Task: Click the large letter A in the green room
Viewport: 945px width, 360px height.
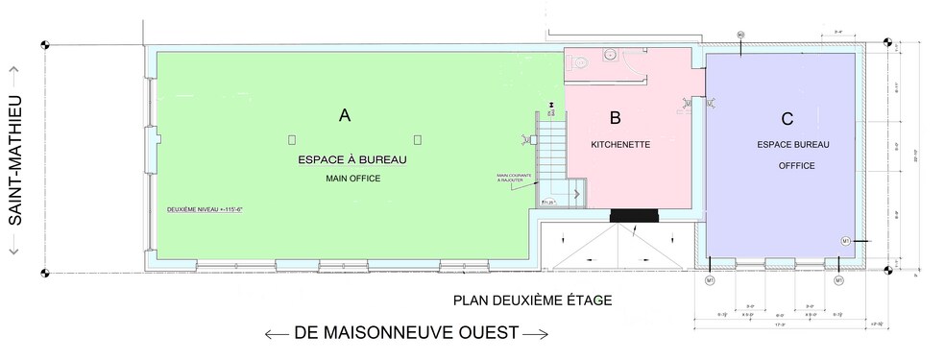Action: point(345,116)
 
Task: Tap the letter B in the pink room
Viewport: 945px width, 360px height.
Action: point(616,118)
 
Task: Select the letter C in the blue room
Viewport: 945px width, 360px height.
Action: point(787,119)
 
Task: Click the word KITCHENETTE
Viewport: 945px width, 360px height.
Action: point(620,145)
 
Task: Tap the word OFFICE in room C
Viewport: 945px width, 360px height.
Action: point(796,166)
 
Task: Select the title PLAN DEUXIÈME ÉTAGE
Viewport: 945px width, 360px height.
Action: point(532,300)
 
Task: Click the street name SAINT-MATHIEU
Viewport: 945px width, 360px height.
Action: point(16,160)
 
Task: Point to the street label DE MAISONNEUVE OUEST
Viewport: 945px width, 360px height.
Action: point(406,333)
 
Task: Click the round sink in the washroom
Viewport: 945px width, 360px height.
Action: point(607,56)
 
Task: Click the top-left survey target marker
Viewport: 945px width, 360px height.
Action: point(45,44)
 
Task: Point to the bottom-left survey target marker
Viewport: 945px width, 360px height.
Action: point(45,274)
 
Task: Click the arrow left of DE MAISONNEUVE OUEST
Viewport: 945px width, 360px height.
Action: point(277,334)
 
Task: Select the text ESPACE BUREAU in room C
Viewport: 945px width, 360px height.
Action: point(792,144)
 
